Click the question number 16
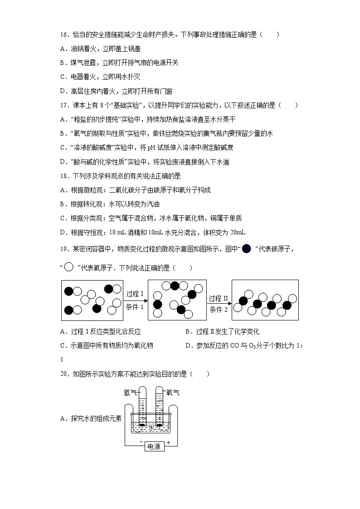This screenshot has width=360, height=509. (x=63, y=34)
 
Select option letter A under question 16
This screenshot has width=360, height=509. (x=63, y=48)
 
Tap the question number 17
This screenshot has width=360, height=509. (x=63, y=105)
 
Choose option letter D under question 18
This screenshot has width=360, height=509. (x=63, y=233)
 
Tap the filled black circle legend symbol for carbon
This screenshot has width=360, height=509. (x=246, y=248)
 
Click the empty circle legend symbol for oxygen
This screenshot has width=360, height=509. (x=69, y=267)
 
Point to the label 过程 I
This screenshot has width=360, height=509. (x=135, y=293)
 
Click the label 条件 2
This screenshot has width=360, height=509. (x=219, y=310)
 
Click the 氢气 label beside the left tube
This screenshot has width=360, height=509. (x=130, y=393)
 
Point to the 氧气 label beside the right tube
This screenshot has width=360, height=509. (x=173, y=393)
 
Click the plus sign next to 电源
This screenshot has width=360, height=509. (x=168, y=442)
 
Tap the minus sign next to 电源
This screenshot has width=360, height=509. (x=141, y=442)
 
